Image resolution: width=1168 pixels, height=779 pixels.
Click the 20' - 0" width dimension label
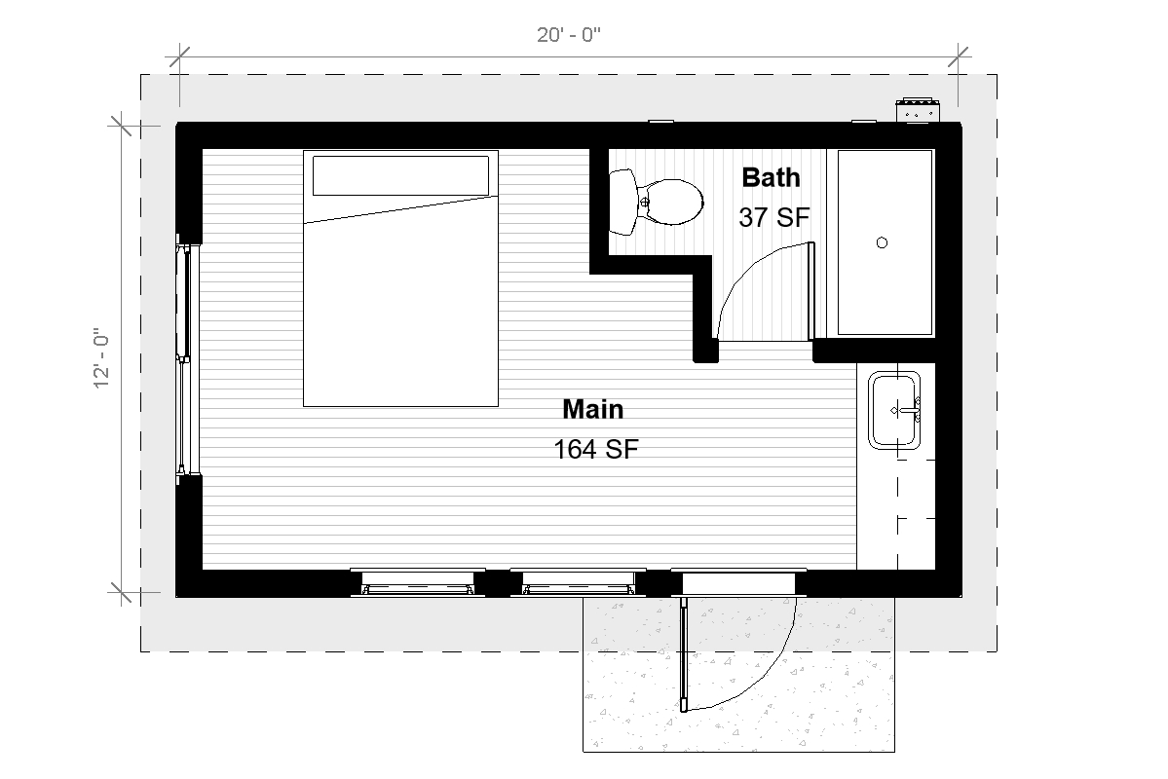[x=569, y=36]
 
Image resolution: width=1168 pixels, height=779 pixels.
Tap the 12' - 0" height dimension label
[x=101, y=357]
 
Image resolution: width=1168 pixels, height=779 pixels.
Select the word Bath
[x=771, y=177]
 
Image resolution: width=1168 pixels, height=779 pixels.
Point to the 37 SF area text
[x=773, y=217]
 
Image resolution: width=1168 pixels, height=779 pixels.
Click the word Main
[x=592, y=408]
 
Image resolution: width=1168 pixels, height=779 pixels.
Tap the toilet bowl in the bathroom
[x=671, y=203]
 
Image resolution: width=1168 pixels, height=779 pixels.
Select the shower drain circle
[x=883, y=243]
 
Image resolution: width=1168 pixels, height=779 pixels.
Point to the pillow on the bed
[x=400, y=174]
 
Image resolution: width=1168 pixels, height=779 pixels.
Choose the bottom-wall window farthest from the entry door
[x=417, y=581]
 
